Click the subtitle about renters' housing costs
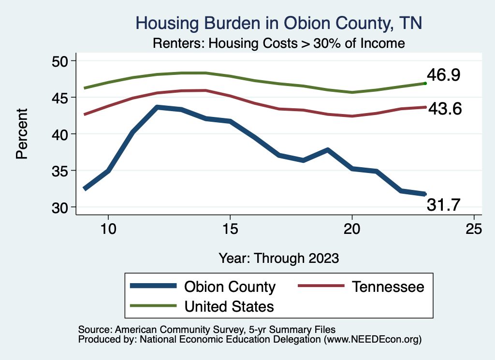tap(278, 43)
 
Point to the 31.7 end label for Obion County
tap(443, 206)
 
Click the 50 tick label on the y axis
tap(60, 61)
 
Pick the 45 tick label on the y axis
tap(60, 97)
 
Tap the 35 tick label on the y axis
tap(60, 171)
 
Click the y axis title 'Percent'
tap(21, 134)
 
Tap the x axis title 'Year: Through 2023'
tap(278, 258)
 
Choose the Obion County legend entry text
tap(230, 287)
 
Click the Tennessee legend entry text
tap(388, 287)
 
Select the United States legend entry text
tap(229, 306)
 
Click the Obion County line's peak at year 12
tap(157, 107)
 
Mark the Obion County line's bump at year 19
tap(328, 150)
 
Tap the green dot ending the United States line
tap(425, 83)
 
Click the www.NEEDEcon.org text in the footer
tap(373, 340)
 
